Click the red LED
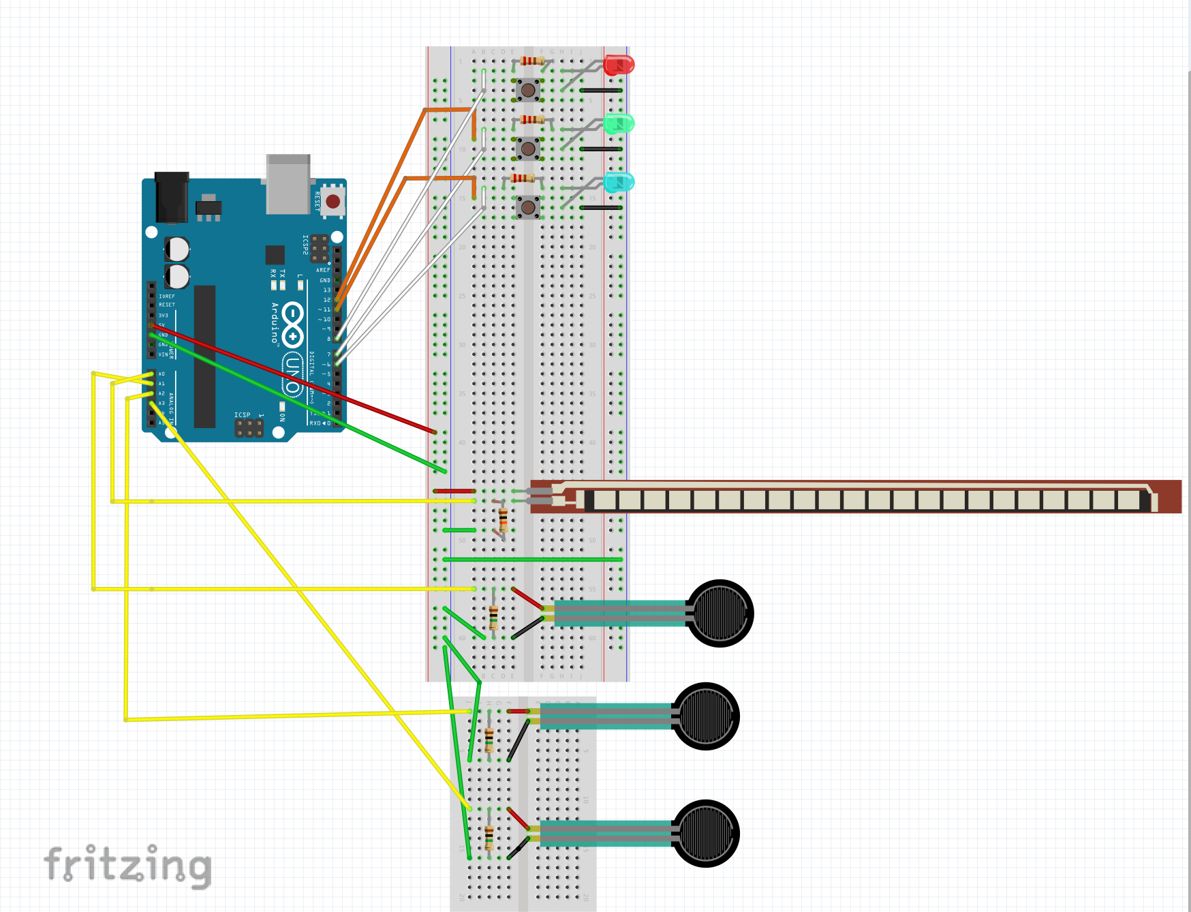[x=619, y=65]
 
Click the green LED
[x=619, y=124]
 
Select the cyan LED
[x=619, y=182]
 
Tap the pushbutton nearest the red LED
[x=527, y=89]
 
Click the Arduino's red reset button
[x=332, y=201]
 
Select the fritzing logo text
[x=127, y=866]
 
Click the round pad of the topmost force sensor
[x=720, y=613]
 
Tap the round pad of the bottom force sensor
[x=706, y=833]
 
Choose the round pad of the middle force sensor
[x=706, y=716]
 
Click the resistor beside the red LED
[x=531, y=61]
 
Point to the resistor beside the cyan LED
[x=523, y=179]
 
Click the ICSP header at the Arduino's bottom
[x=249, y=428]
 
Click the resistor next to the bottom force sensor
[x=489, y=836]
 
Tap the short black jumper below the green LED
[x=600, y=149]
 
